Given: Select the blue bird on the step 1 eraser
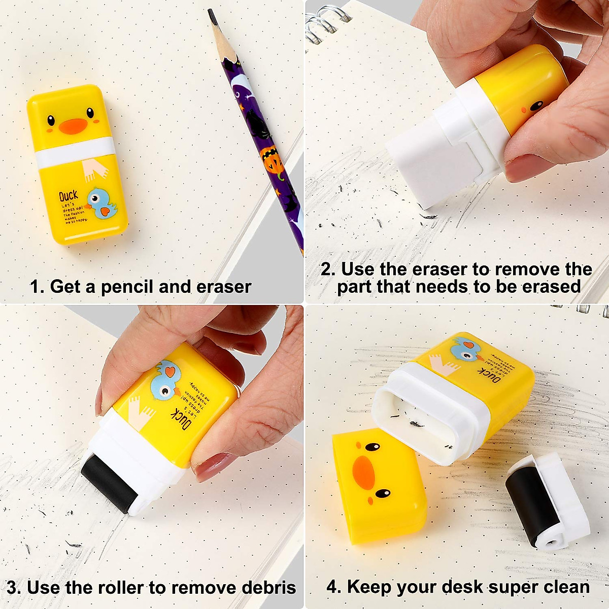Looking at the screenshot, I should [101, 203].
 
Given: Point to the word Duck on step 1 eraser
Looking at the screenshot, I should [69, 196].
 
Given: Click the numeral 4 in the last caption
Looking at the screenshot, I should [333, 587].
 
